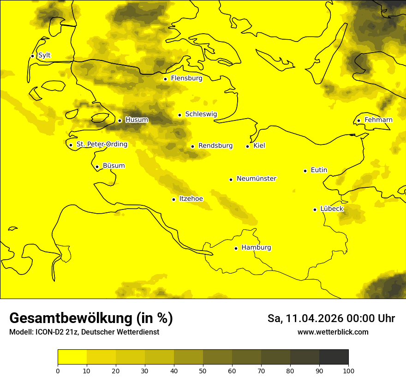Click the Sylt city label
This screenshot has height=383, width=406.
pyautogui.click(x=44, y=55)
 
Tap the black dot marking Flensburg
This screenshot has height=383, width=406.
pyautogui.click(x=165, y=79)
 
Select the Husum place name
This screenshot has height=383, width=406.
pyautogui.click(x=137, y=120)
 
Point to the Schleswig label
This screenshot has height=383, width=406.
pyautogui.click(x=201, y=114)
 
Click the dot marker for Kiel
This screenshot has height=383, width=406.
pyautogui.click(x=248, y=146)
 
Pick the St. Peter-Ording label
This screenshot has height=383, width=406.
pyautogui.click(x=101, y=144)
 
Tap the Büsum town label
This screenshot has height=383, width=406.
pyautogui.click(x=113, y=166)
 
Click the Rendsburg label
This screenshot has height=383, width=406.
pyautogui.click(x=215, y=146)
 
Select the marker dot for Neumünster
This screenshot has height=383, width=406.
pyautogui.click(x=231, y=180)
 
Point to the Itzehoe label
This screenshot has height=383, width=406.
pyautogui.click(x=191, y=199)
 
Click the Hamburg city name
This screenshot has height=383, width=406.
pyautogui.click(x=256, y=248)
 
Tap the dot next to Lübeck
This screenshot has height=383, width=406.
pyautogui.click(x=315, y=209)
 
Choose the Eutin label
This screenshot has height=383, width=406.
pyautogui.click(x=319, y=170)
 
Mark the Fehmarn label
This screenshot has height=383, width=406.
pyautogui.click(x=378, y=120)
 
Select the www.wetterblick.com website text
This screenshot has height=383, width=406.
pyautogui.click(x=333, y=332)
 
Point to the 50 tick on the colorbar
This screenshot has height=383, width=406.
pyautogui.click(x=203, y=371)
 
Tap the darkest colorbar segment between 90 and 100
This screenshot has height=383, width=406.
pyautogui.click(x=334, y=357)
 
